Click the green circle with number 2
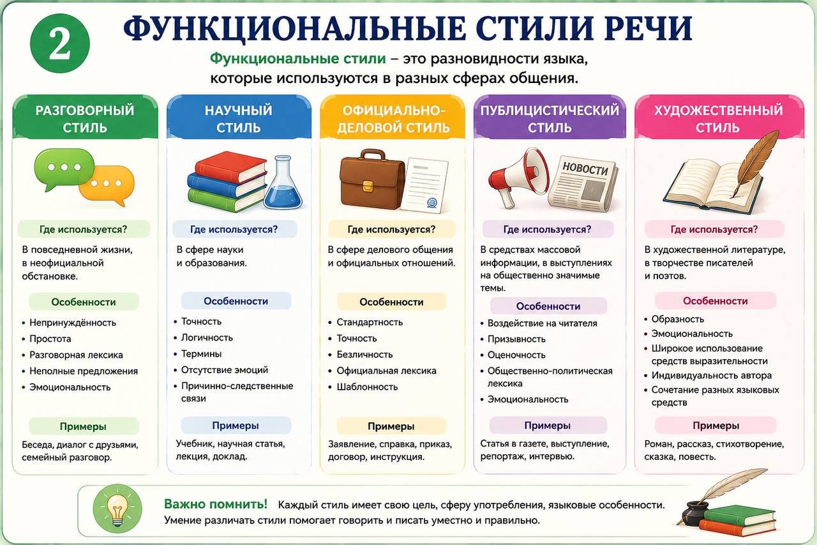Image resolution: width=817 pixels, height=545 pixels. pyautogui.click(x=60, y=43)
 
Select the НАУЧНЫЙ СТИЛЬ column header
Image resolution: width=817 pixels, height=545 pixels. pyautogui.click(x=239, y=119)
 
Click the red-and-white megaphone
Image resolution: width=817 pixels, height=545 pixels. pyautogui.click(x=519, y=178)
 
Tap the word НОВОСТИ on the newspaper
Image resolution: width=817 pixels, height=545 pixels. pyautogui.click(x=585, y=169)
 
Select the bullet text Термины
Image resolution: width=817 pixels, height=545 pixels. pyautogui.click(x=201, y=354)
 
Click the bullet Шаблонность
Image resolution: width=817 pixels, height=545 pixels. pyautogui.click(x=367, y=387)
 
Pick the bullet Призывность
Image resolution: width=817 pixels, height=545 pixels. pyautogui.click(x=516, y=339)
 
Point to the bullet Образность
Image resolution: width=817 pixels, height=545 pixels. pyautogui.click(x=678, y=319)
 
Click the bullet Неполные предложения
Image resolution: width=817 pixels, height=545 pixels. pyautogui.click(x=84, y=371)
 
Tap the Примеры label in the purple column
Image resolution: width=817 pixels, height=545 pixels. pyautogui.click(x=548, y=426)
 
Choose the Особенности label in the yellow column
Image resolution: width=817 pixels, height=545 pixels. pyautogui.click(x=391, y=302)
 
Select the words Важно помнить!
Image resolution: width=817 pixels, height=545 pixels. pyautogui.click(x=216, y=504)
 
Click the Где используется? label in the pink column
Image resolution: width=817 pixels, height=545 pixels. pyautogui.click(x=714, y=229)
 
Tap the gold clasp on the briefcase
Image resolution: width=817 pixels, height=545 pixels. pyautogui.click(x=368, y=185)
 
